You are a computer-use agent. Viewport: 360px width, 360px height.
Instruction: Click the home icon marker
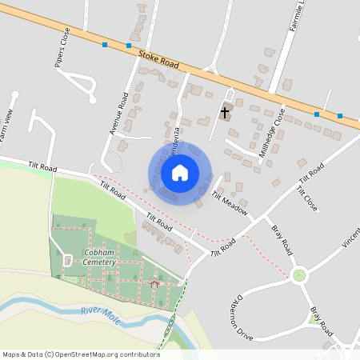pos(180,172)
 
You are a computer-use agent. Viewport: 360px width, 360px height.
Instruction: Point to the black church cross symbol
pos(225,112)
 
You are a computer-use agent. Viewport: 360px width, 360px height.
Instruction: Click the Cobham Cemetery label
pos(100,258)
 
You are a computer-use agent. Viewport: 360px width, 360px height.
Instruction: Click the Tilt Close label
pos(307,199)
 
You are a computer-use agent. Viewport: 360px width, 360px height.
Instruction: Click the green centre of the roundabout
pos(299,275)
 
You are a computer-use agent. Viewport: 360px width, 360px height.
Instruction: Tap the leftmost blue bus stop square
pos(104,45)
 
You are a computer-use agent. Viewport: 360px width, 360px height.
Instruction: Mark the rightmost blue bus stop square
pos(340,116)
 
